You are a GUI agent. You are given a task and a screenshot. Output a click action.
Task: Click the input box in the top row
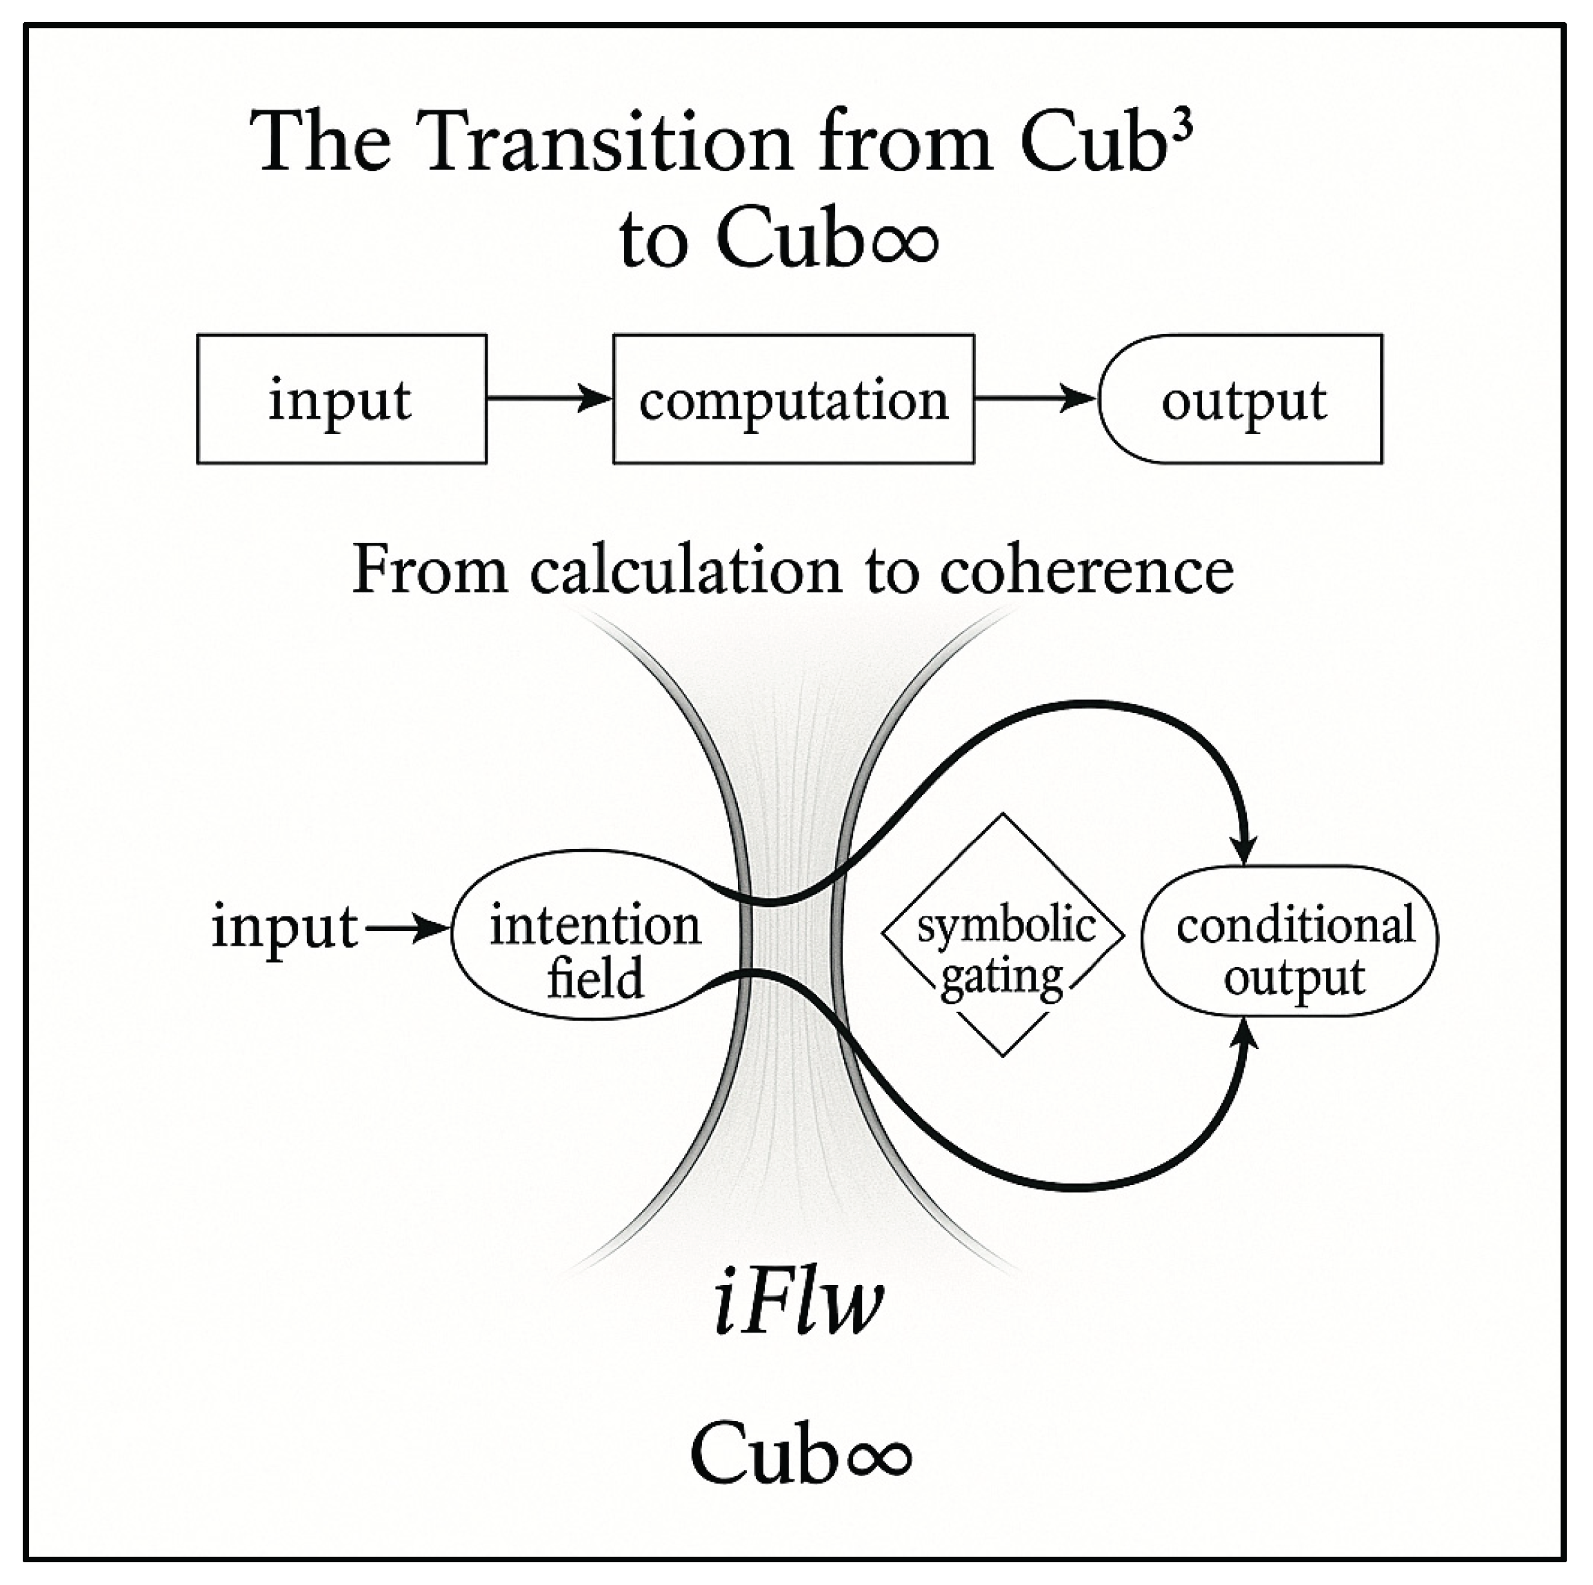pos(341,399)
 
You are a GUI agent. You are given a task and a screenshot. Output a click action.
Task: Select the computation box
pos(793,399)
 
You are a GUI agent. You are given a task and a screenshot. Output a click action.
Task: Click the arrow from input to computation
pos(549,398)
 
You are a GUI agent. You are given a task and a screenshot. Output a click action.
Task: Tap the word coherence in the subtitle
pos(1086,570)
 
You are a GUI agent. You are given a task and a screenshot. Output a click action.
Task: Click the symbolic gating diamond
pos(1003,935)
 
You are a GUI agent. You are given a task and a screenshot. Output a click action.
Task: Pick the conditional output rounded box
pos(1290,940)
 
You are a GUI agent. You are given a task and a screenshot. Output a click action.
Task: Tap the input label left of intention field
pos(284,928)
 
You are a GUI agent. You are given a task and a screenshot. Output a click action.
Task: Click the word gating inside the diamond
pos(1001,978)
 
